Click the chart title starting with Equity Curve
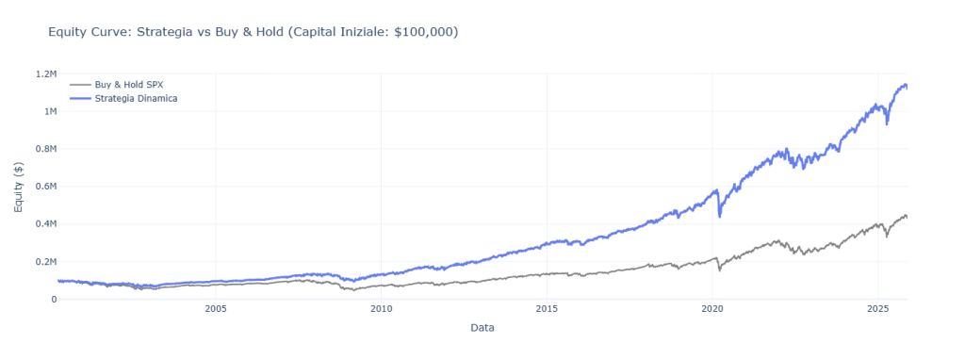click(x=253, y=32)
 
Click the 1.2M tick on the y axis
click(x=44, y=74)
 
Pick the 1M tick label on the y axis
click(x=48, y=111)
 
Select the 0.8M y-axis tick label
click(x=44, y=149)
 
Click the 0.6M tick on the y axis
click(x=44, y=187)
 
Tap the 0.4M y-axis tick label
click(x=44, y=224)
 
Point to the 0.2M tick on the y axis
click(x=44, y=262)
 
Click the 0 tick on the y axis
click(x=53, y=300)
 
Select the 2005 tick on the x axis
click(x=216, y=309)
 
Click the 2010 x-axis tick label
click(x=382, y=309)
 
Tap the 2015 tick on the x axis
click(x=547, y=309)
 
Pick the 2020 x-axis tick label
click(x=712, y=309)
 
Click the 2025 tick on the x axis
click(x=877, y=309)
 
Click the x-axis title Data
click(x=482, y=328)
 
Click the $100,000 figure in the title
click(x=425, y=32)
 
